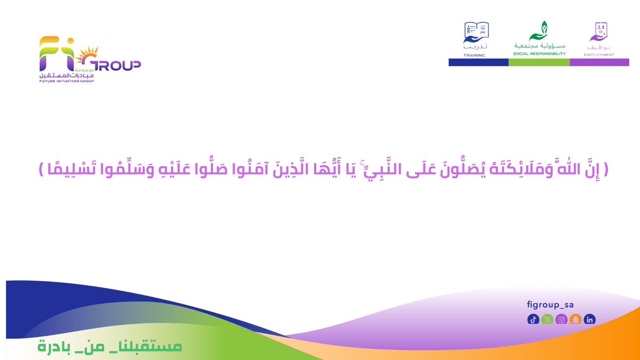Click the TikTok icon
point(533,319)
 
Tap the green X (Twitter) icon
point(547,319)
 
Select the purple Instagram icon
point(561,319)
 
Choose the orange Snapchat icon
point(575,319)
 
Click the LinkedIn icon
point(589,319)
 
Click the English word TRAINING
point(475,54)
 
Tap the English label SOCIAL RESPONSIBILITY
point(539,54)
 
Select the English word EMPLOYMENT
point(599,54)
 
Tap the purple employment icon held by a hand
point(599,32)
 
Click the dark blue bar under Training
point(478,62)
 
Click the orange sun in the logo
point(86,55)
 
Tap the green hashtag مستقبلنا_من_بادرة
point(110,346)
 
